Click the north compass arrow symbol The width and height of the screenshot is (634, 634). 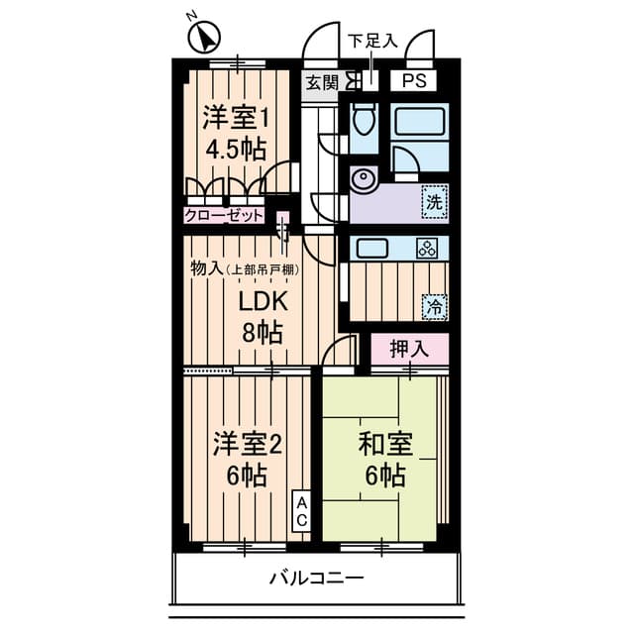205,38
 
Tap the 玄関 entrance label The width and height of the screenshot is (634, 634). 322,83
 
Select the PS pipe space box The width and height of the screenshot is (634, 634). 414,81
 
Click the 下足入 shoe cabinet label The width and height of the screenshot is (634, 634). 372,41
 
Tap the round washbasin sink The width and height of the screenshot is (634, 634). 364,178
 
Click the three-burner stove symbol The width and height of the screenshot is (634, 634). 427,248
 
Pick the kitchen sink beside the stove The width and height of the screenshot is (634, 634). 372,248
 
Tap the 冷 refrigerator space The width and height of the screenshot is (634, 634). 435,308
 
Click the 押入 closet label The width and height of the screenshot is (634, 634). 409,349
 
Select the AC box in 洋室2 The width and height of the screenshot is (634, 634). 301,511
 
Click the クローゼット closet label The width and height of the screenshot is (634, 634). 224,216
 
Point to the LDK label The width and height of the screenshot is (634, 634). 264,301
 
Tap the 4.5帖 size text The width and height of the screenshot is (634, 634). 236,150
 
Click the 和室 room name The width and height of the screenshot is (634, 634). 385,444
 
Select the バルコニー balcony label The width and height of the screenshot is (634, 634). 317,579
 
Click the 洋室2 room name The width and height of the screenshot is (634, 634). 248,444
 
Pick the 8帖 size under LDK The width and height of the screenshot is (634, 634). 263,333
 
